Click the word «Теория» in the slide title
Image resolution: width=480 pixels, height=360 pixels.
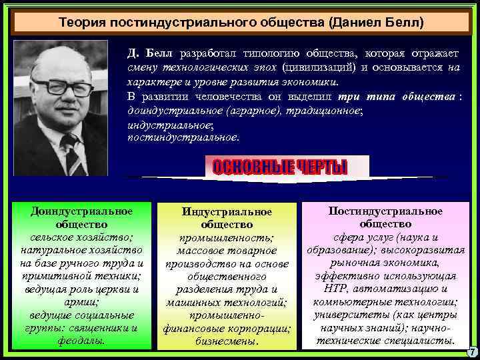[x=78, y=21]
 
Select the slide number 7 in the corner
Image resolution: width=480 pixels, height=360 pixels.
[x=472, y=351]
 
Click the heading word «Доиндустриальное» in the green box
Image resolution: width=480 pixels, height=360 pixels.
[x=81, y=211]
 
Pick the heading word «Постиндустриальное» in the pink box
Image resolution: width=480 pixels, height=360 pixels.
[x=385, y=211]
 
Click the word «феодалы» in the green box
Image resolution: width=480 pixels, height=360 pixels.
[x=81, y=341]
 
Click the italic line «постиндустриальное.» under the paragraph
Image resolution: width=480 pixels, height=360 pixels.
[x=182, y=137]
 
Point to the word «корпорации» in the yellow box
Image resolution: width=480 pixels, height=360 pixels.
[x=259, y=329]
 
